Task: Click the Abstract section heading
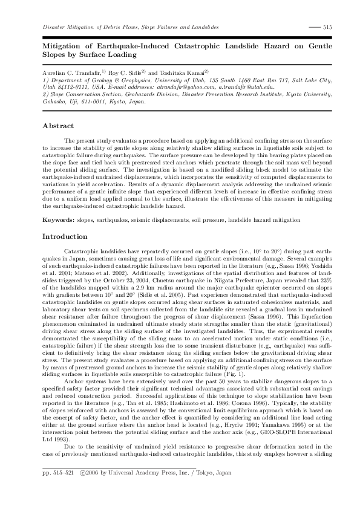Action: click(x=58, y=126)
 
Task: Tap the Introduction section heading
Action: click(x=65, y=236)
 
